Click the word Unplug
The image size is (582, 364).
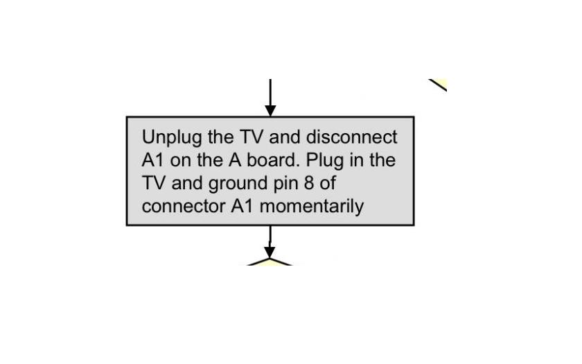coord(173,138)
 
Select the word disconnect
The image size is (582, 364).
coord(351,137)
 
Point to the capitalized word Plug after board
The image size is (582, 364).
coord(324,161)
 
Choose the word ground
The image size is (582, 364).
coord(238,184)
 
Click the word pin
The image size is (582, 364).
coord(285,184)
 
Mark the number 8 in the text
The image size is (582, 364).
coord(309,183)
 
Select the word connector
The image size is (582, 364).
coord(184,206)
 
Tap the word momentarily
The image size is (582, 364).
coord(312,207)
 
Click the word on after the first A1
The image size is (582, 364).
coord(180,161)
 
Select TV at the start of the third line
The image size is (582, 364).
coord(153,183)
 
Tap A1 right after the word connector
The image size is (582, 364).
coord(242,206)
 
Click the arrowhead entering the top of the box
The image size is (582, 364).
coord(270,111)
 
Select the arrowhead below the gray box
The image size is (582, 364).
coord(270,252)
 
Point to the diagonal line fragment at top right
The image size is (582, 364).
coord(438,85)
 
